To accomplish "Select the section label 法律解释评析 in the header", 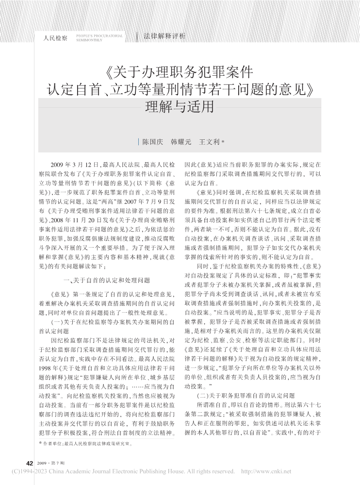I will (x=164, y=36).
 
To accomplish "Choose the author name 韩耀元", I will (x=180, y=143).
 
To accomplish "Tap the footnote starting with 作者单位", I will (x=85, y=443).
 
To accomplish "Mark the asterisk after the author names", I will (x=223, y=142).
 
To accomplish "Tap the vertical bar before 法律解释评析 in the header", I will (x=138, y=36).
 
